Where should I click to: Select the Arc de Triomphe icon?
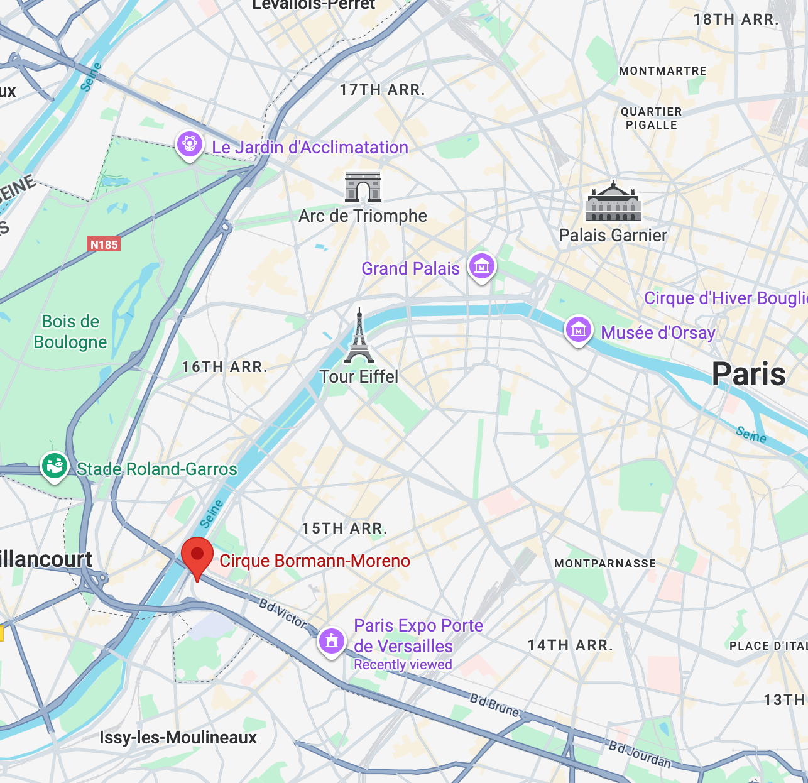tap(363, 187)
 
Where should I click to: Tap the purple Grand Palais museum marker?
tap(482, 267)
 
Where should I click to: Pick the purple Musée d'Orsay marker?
tap(579, 330)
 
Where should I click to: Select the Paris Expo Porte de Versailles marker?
tap(332, 641)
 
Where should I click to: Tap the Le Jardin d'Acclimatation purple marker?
tap(189, 145)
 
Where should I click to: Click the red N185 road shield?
tap(104, 244)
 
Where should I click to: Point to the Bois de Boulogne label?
tap(70, 332)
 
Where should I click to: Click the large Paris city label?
tap(748, 375)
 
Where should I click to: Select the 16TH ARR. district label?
tap(224, 367)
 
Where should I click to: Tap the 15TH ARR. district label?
tap(344, 528)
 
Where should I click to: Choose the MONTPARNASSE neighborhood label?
tap(604, 564)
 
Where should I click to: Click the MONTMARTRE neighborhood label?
tap(662, 71)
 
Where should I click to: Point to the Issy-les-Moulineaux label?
tap(178, 737)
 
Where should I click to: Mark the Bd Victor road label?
tap(283, 613)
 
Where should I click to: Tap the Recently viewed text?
tap(403, 665)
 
